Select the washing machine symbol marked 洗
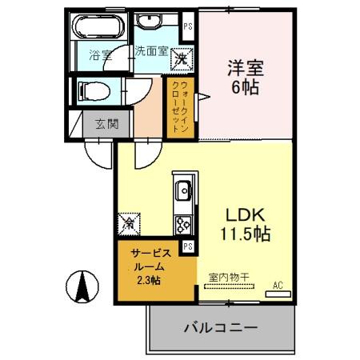[182, 58]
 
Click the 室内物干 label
[229, 278]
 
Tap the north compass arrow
[81, 286]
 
